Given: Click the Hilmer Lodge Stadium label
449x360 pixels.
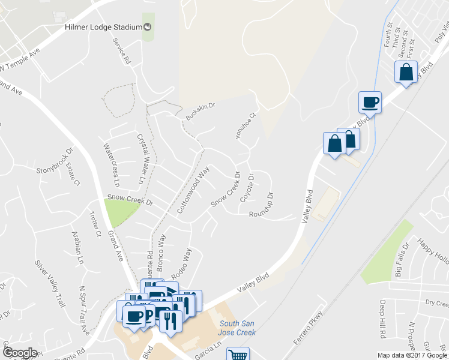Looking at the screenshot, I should (x=102, y=27).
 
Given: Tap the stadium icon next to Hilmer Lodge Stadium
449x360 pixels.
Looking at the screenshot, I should (x=147, y=27).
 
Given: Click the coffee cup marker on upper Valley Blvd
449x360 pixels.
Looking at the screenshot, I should (x=370, y=101).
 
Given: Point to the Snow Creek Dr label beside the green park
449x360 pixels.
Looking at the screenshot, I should (x=130, y=197).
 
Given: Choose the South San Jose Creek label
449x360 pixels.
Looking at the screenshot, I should (x=237, y=328).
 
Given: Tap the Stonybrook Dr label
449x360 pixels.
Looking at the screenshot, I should (x=54, y=162).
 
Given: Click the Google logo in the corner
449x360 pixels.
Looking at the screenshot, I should (x=20, y=352).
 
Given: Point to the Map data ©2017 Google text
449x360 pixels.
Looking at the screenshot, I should (x=412, y=355).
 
